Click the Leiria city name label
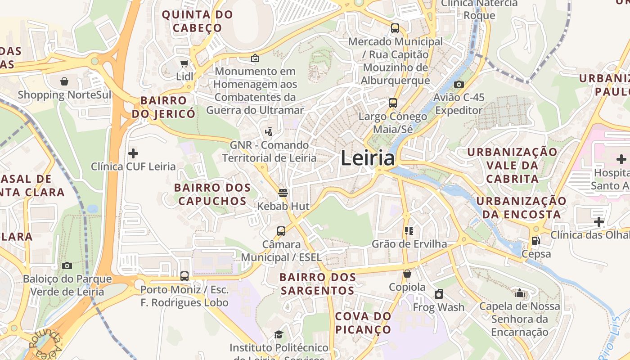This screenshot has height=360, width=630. [368, 158]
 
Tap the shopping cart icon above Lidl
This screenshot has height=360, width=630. [184, 63]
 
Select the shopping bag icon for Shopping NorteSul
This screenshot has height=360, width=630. [64, 81]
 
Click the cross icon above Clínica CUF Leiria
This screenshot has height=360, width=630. [133, 153]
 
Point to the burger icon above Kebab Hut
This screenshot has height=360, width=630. [283, 193]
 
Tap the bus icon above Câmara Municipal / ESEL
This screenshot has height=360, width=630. [281, 231]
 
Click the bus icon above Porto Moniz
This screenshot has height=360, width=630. [184, 276]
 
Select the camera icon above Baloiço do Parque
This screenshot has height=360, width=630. [67, 265]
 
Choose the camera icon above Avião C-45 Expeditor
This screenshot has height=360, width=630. [459, 84]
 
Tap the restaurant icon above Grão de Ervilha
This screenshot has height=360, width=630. [409, 231]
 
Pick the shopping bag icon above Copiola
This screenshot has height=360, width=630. [407, 274]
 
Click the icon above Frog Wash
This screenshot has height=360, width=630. [439, 294]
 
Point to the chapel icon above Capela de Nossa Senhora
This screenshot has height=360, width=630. [520, 293]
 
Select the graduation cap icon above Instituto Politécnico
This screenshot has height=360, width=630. [279, 334]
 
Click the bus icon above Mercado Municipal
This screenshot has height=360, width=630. [395, 28]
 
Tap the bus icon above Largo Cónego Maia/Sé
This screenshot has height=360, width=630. [393, 103]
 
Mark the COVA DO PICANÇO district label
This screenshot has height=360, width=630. [363, 323]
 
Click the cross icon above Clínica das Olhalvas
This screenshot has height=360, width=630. [599, 221]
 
